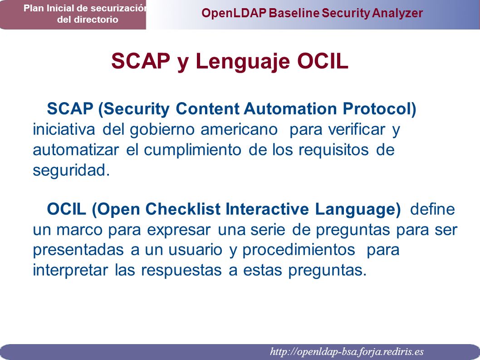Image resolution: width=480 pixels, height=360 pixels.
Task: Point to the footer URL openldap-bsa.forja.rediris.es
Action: [347, 351]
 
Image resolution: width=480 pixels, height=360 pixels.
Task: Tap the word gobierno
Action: [162, 129]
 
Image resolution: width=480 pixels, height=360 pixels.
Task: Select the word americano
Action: [239, 129]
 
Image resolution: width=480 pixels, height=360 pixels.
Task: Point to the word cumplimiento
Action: [192, 150]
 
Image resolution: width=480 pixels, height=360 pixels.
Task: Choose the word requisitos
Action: [333, 150]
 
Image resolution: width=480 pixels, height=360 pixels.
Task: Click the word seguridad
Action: [71, 170]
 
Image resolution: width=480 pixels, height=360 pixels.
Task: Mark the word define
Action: [432, 209]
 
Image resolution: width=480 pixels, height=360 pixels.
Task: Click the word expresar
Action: [179, 230]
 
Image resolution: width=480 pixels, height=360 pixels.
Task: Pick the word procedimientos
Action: [299, 250]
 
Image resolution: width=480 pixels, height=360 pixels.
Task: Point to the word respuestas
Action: [181, 271]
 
